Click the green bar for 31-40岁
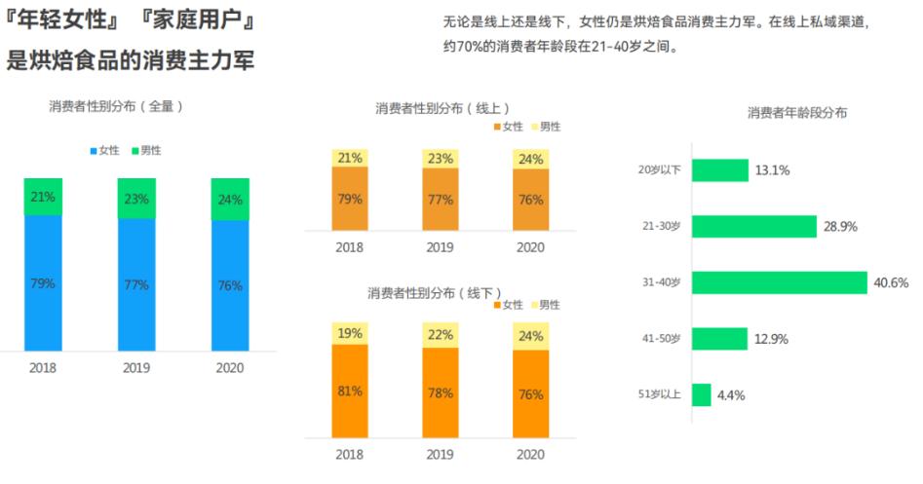(779, 282)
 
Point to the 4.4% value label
(731, 395)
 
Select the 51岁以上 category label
(660, 395)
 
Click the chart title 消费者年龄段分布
(796, 112)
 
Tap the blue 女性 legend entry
(104, 150)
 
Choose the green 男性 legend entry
(146, 150)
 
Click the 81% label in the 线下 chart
(350, 391)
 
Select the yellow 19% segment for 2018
(350, 332)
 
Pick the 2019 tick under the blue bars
(136, 368)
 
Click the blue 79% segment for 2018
(43, 282)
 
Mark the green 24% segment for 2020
(230, 199)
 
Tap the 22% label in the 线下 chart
(441, 334)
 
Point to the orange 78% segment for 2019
(441, 393)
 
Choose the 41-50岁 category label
(660, 339)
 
